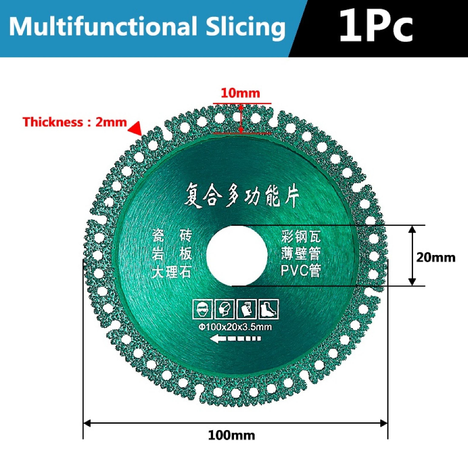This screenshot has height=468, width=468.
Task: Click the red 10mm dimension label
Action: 240,94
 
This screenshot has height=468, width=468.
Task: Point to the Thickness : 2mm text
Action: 74,122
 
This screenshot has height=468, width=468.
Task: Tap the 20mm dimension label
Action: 436,257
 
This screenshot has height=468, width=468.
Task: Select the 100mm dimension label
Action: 231,435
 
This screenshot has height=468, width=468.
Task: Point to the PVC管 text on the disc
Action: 301,271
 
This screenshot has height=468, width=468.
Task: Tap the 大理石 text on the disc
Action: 171,273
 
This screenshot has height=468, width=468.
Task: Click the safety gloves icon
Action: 246,309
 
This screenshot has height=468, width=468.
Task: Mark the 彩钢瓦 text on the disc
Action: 301,237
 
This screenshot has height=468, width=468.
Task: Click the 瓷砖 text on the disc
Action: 171,236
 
